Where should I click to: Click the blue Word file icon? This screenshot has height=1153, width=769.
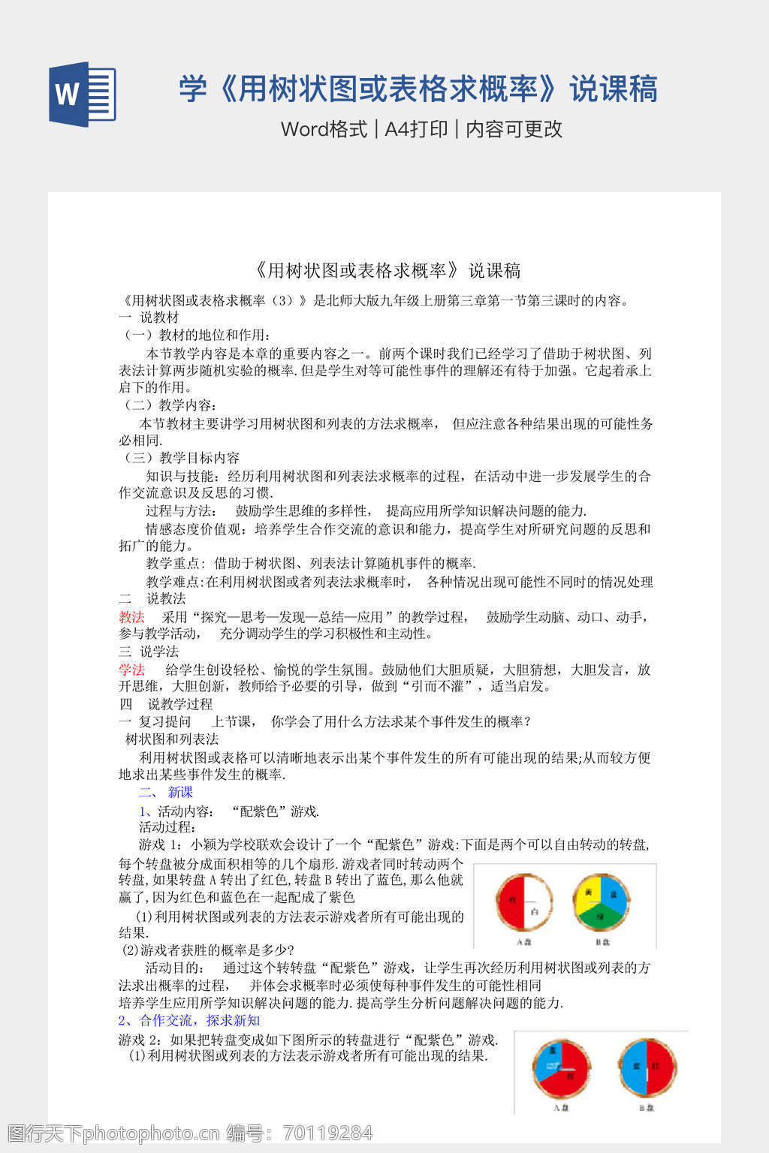(x=83, y=94)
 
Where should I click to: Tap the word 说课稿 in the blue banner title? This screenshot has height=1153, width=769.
(x=614, y=89)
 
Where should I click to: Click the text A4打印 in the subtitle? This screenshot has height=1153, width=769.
(x=416, y=129)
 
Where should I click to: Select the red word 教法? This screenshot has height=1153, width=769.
(x=131, y=617)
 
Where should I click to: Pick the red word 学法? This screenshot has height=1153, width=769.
(x=131, y=670)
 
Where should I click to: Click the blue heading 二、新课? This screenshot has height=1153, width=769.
(x=166, y=792)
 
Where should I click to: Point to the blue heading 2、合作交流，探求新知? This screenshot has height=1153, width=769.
(x=189, y=1020)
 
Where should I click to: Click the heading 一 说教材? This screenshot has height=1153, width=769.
(x=149, y=317)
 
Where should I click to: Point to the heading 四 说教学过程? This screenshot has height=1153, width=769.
(x=166, y=704)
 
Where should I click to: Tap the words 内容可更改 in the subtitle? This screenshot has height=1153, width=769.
(x=514, y=129)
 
